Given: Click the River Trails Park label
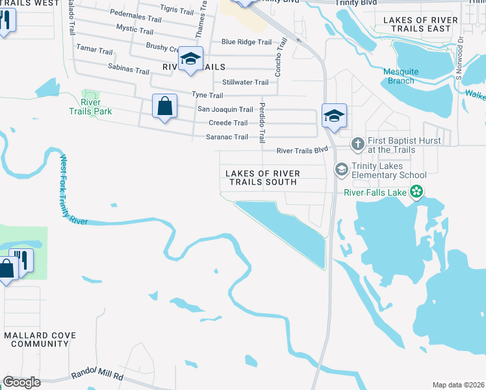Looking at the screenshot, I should click(x=90, y=107).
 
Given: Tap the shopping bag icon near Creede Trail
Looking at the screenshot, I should click(x=165, y=105).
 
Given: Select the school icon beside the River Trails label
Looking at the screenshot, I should click(x=191, y=58).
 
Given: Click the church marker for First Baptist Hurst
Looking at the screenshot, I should click(x=357, y=142).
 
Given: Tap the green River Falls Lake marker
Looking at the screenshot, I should click(x=416, y=192).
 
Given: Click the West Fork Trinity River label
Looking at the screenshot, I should click(x=73, y=189).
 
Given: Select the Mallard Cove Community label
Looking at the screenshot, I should click(x=40, y=339).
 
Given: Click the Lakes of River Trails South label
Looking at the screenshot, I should click(x=262, y=177).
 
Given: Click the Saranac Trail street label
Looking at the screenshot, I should click(x=227, y=136).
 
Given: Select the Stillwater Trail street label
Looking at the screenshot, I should click(x=245, y=83).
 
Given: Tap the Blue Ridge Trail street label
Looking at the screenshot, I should click(x=246, y=42).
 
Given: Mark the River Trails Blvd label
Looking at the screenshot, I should click(x=302, y=150).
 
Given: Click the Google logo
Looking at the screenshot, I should click(x=21, y=382).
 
